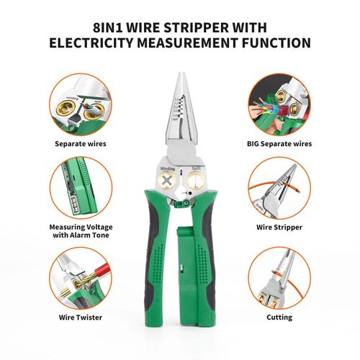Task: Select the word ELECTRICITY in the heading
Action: [x=94, y=43]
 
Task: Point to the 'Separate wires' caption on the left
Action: [x=81, y=143]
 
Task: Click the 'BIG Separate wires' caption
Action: [x=280, y=143]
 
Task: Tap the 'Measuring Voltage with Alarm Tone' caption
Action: [x=81, y=230]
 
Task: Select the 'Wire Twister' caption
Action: [x=81, y=317]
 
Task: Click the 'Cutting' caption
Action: [x=280, y=317]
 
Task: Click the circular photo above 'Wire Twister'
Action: [x=81, y=278]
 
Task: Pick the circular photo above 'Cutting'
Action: [x=280, y=278]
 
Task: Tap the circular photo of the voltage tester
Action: [x=81, y=188]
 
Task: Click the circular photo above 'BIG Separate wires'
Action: [x=280, y=104]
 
